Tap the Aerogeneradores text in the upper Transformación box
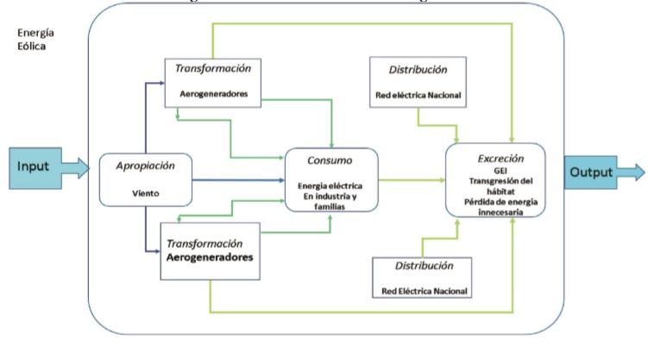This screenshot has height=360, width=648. tap(212, 92)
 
